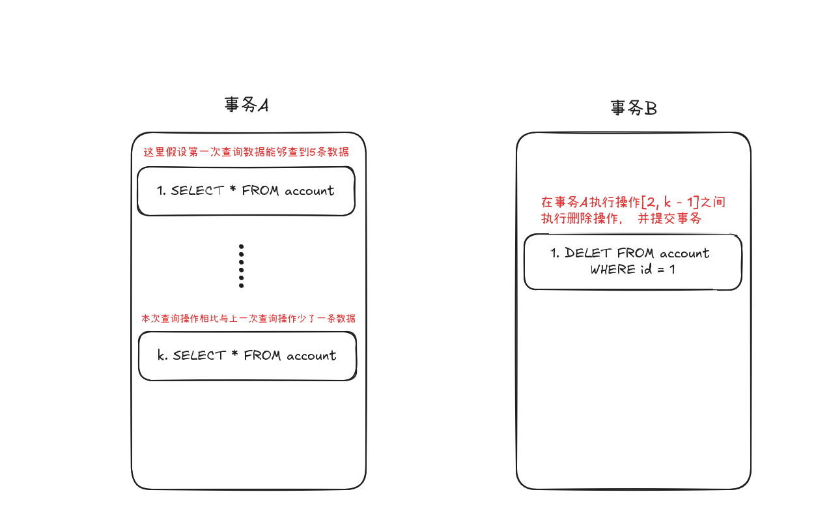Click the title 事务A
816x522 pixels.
tap(246, 106)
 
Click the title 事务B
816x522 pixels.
tap(633, 108)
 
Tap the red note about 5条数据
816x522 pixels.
tap(246, 152)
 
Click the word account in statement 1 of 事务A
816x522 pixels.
tap(309, 191)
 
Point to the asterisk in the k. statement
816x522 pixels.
tap(234, 355)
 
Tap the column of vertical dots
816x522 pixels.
tap(241, 266)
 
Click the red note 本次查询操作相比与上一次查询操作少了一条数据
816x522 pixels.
tap(248, 319)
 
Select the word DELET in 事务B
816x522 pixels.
tap(589, 253)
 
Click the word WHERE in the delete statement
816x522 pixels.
tap(612, 269)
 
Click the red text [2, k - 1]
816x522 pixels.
tap(670, 203)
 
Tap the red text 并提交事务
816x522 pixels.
tap(669, 219)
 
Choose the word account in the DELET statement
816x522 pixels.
tap(684, 253)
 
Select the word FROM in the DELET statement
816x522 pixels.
tap(636, 253)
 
